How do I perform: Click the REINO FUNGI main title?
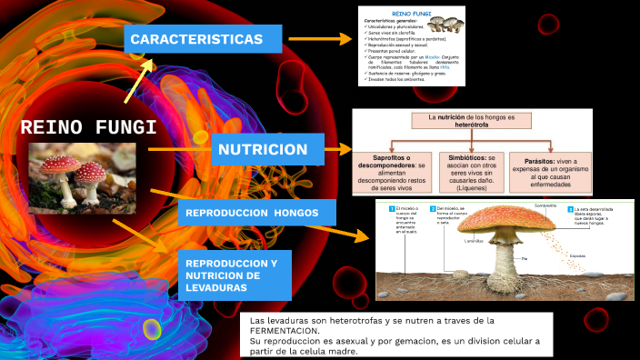click(88, 127)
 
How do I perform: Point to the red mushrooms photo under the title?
click(82, 175)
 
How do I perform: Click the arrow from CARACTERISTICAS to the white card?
click(331, 39)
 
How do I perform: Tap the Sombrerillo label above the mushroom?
click(545, 206)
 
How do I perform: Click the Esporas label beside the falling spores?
click(577, 256)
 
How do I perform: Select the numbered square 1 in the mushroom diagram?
click(392, 210)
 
